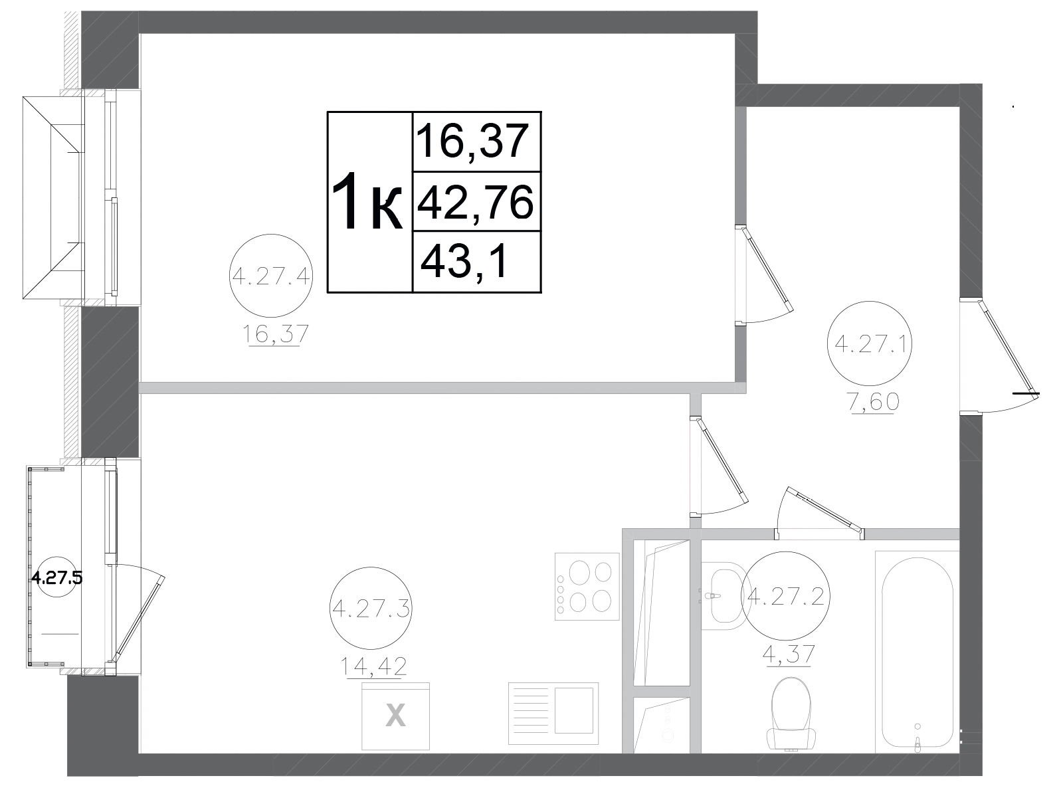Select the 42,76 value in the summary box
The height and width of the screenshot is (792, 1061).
pos(475,202)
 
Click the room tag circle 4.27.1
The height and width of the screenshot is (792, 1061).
pos(870,344)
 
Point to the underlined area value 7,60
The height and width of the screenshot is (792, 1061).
pos(871,402)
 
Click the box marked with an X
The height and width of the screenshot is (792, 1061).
pos(395,716)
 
